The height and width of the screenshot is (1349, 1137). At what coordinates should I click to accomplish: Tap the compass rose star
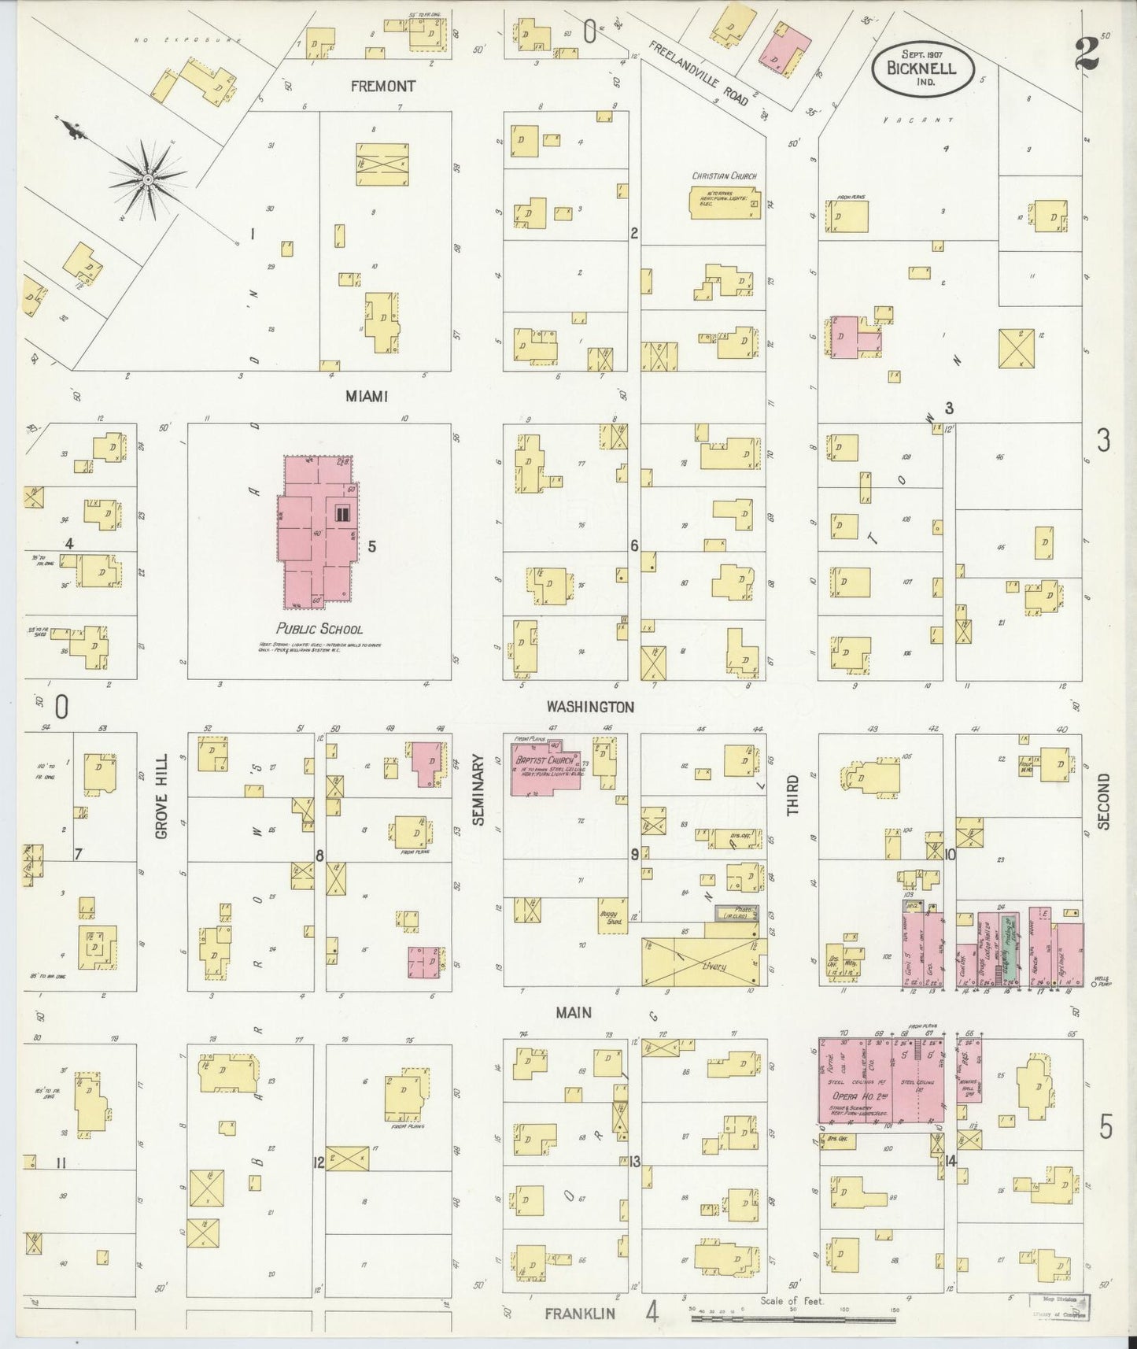(x=146, y=181)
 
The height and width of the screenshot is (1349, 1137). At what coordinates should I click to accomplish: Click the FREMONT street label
(x=382, y=86)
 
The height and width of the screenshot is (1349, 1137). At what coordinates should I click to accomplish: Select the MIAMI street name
(x=367, y=397)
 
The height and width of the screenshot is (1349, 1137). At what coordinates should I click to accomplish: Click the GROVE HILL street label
(x=161, y=796)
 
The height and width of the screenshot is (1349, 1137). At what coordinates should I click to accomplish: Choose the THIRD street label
(x=792, y=794)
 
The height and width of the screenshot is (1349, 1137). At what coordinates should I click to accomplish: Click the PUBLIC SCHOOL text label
(x=319, y=629)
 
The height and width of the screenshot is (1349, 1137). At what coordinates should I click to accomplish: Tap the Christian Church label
(x=724, y=176)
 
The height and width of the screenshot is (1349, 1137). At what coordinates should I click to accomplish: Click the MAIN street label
(x=574, y=1013)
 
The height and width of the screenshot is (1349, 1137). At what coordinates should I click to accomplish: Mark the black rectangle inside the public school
(x=342, y=514)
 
